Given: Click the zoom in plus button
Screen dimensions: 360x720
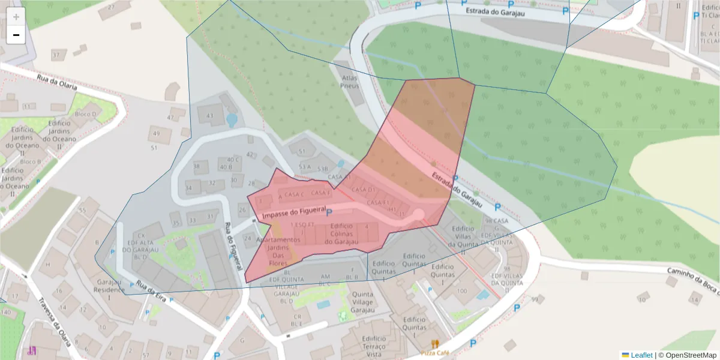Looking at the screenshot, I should (16, 16).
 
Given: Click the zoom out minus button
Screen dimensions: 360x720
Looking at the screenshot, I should (16, 35).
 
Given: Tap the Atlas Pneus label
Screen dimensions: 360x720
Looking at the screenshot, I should (349, 82).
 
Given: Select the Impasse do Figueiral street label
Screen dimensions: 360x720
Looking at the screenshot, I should (292, 212).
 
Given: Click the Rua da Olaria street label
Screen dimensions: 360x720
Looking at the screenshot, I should (57, 82).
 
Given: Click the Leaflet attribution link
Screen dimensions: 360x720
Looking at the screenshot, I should (641, 355).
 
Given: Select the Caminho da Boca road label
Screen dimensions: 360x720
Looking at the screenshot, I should (693, 281).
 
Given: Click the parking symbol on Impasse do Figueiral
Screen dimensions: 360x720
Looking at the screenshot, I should (329, 212).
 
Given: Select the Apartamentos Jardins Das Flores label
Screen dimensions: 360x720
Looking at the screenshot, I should (278, 251).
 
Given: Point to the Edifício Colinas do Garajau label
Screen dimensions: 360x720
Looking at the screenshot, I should (341, 233).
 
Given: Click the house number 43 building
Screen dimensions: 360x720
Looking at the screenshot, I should (209, 116).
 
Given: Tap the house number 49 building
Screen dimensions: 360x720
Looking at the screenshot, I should (156, 133).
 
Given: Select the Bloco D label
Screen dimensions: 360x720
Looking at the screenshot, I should (86, 114).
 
